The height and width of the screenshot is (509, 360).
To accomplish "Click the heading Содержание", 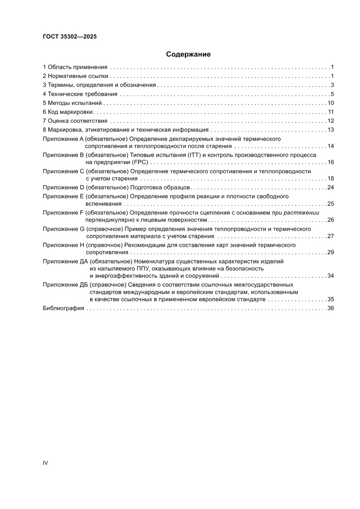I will pos(188,54).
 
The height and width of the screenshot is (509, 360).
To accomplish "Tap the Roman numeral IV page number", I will pos(45,462).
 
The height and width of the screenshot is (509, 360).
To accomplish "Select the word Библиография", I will pos(63,308).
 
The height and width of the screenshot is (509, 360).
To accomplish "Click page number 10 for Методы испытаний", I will pos(330,103).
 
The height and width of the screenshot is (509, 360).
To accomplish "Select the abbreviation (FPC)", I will pos(137,162).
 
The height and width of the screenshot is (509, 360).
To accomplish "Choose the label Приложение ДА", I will pos(65,262).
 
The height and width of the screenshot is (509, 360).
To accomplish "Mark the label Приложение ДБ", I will pos(65,285).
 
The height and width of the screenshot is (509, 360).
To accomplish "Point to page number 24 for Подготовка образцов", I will pos(330,188).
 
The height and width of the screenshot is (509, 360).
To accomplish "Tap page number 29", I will pos(330,253).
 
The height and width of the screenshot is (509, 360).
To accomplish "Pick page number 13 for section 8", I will pos(330,130).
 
